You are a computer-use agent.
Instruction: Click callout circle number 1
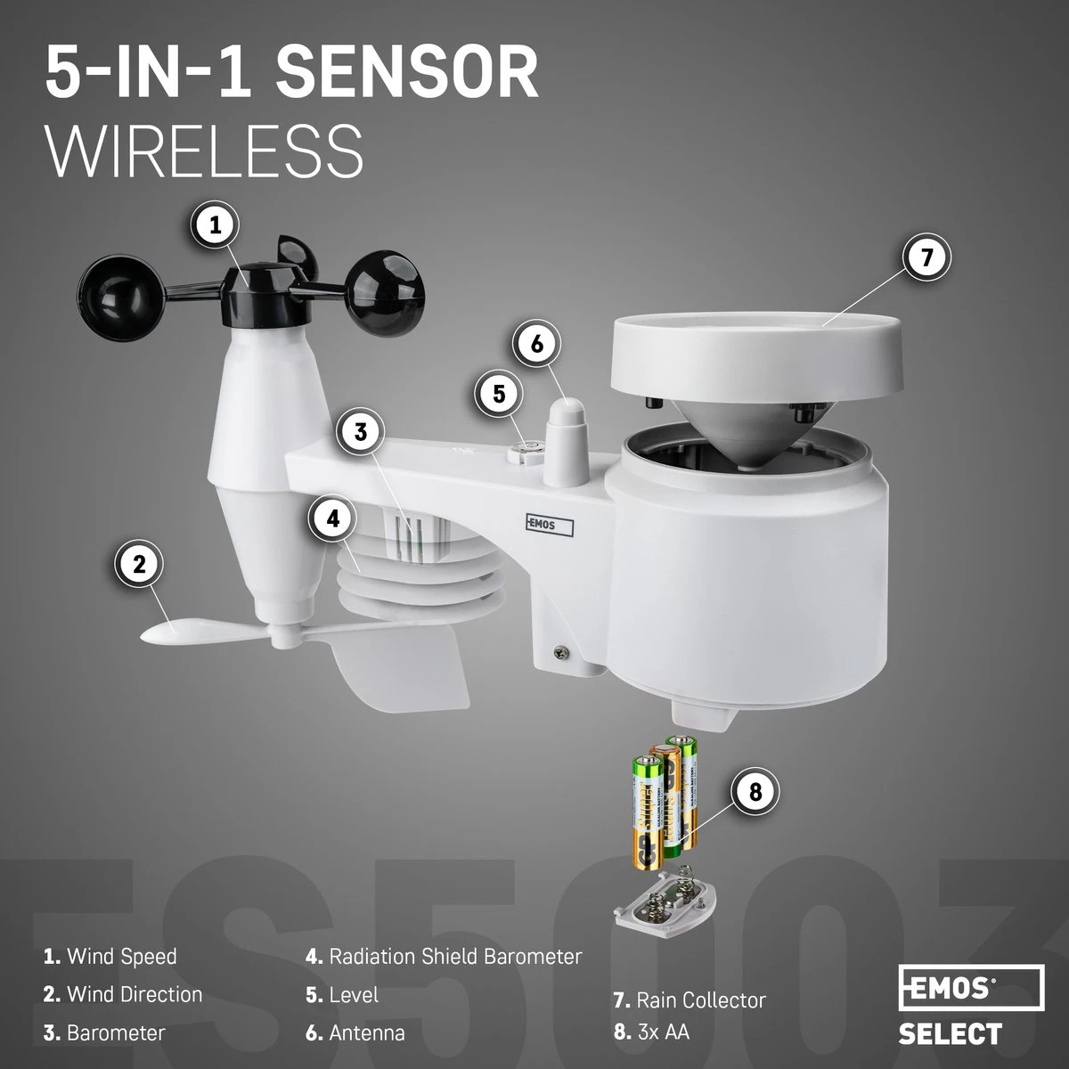215,226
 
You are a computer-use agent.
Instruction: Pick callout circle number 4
331,519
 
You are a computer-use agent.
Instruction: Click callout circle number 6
536,343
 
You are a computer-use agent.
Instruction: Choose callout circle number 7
926,257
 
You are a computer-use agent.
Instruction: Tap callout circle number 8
755,792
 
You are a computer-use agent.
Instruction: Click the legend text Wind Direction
134,994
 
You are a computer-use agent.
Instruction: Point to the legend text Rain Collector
700,1000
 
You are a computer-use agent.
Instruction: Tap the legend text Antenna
366,1033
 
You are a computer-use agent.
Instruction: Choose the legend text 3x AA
663,1032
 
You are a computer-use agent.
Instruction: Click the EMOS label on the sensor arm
546,524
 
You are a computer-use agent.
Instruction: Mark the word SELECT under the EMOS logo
950,1034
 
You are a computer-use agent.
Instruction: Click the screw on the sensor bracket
561,653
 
